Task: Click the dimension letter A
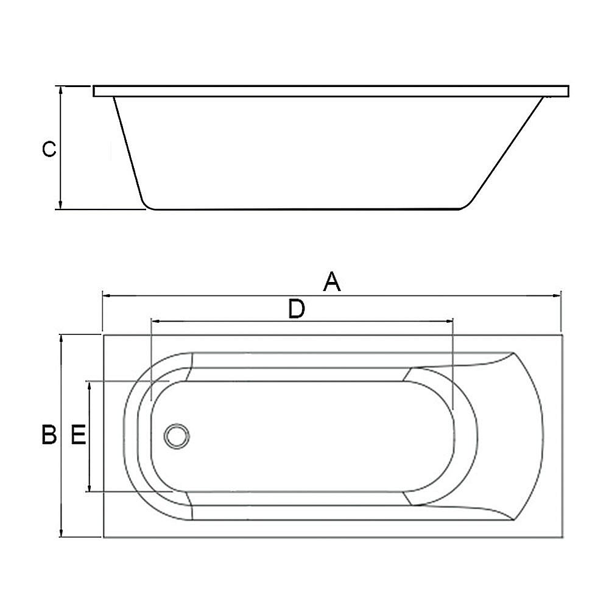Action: (x=332, y=282)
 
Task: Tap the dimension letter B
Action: (x=49, y=435)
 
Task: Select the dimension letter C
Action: (x=49, y=149)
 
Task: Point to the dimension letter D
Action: (x=297, y=309)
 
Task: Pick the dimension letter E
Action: (x=78, y=435)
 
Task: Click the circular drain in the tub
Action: (x=177, y=436)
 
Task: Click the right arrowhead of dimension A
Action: (x=557, y=296)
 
